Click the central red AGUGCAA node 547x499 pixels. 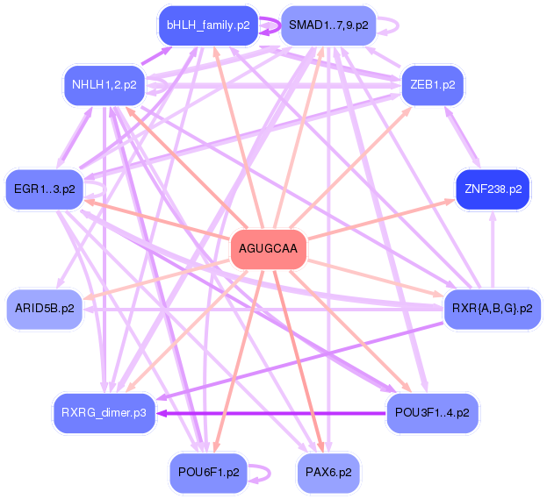tap(269, 250)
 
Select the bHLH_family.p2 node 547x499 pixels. tap(207, 25)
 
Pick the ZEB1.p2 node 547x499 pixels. tap(433, 85)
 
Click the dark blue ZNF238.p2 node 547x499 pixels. tap(492, 189)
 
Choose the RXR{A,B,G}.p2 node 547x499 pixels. tap(492, 308)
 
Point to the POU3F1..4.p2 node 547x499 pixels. tap(432, 410)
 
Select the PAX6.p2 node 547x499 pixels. tap(328, 472)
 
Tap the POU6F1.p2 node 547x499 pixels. tap(208, 472)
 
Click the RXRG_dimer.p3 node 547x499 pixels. tap(104, 410)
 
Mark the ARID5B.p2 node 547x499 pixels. tap(45, 308)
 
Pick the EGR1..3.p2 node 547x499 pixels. tap(45, 189)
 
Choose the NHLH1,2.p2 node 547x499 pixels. tap(104, 85)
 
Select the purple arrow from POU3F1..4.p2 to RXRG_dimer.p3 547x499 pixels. tap(272, 411)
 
